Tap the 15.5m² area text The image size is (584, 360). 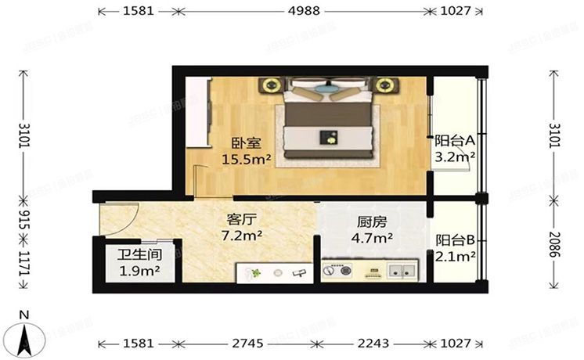coord(246,160)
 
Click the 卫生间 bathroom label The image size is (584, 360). coord(139,255)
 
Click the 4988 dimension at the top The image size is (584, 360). coord(301,13)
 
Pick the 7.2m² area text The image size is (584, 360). coord(241,235)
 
